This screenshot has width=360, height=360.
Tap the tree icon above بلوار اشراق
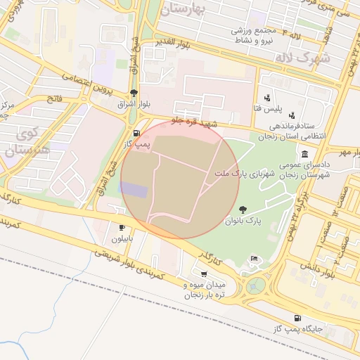[x=134, y=93]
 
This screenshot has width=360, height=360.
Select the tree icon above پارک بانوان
[x=243, y=209]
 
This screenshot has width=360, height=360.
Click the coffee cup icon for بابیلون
[x=122, y=228]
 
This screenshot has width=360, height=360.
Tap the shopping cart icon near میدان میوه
[x=204, y=274]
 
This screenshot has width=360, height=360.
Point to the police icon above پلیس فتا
[x=267, y=98]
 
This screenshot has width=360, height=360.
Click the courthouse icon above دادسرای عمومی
[x=304, y=154]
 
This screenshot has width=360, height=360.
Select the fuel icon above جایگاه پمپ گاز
[x=298, y=318]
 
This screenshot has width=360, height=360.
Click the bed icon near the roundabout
[x=254, y=260]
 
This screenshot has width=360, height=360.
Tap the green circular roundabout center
[x=257, y=285]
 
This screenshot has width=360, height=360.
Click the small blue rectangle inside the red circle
[x=134, y=190]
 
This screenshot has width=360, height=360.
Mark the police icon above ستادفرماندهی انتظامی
[x=292, y=115]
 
